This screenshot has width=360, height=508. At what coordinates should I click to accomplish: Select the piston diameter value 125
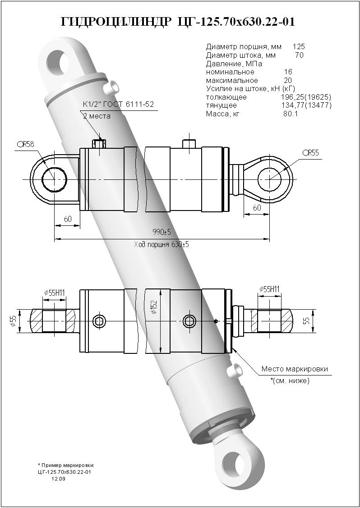tap(299, 46)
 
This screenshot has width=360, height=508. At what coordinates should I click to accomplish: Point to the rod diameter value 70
tap(299, 55)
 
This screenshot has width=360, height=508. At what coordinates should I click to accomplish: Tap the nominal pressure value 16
tap(288, 72)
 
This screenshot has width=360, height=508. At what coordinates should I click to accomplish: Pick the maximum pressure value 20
tap(288, 80)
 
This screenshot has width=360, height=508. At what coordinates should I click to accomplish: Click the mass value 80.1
tap(291, 114)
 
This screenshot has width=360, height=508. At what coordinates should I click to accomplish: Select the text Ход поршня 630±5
tap(161, 245)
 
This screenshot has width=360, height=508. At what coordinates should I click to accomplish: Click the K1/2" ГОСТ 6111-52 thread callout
tap(119, 105)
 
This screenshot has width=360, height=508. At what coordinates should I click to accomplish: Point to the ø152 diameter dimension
tap(154, 307)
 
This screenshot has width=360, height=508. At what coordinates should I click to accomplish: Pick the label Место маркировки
tap(295, 369)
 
